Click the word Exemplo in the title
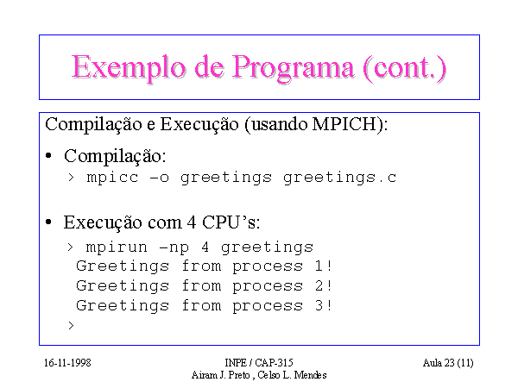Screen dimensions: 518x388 (129, 68)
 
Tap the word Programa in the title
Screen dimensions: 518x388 (294, 68)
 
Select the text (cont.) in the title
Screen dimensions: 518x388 (405, 68)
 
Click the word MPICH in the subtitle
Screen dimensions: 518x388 (344, 124)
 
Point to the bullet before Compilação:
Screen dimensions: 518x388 (48, 155)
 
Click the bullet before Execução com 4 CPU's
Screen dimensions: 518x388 (48, 222)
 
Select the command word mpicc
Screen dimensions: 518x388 (112, 178)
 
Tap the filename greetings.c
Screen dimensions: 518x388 (339, 178)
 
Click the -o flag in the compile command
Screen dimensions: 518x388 (160, 178)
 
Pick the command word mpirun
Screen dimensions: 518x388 (117, 247)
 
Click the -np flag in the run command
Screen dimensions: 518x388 (174, 248)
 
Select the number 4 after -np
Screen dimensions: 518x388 (205, 247)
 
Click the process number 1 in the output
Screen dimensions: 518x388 (319, 266)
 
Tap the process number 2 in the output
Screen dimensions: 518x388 (319, 285)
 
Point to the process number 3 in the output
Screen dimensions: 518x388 (319, 305)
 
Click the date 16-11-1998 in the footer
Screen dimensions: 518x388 (67, 363)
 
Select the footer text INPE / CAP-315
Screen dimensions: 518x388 (259, 363)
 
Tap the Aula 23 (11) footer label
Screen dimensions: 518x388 (448, 363)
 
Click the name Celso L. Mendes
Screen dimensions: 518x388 (292, 375)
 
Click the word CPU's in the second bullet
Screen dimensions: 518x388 (231, 222)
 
